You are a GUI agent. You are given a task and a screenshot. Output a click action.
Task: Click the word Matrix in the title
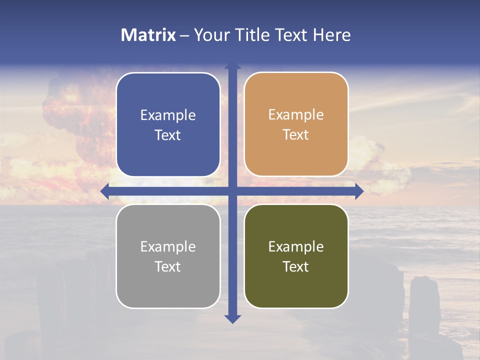click(148, 35)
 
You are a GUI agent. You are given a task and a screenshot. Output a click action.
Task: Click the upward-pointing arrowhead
click(232, 65)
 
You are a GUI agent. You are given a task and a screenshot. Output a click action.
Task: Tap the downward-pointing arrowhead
click(232, 319)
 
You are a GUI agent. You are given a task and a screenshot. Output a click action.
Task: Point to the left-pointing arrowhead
click(104, 191)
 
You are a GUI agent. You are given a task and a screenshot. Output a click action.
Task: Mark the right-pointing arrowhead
click(359, 191)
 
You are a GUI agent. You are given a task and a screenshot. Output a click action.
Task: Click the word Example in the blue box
click(168, 115)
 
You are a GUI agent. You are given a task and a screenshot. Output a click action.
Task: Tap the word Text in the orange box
click(296, 135)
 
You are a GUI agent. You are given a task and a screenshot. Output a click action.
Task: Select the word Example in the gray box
click(168, 247)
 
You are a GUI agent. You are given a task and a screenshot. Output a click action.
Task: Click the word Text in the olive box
click(296, 267)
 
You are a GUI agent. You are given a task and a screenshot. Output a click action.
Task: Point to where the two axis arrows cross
click(232, 191)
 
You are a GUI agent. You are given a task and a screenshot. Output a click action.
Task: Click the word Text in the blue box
click(168, 135)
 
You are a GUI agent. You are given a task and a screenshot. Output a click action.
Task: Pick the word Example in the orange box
click(296, 115)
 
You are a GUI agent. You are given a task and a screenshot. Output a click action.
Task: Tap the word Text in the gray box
click(168, 267)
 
